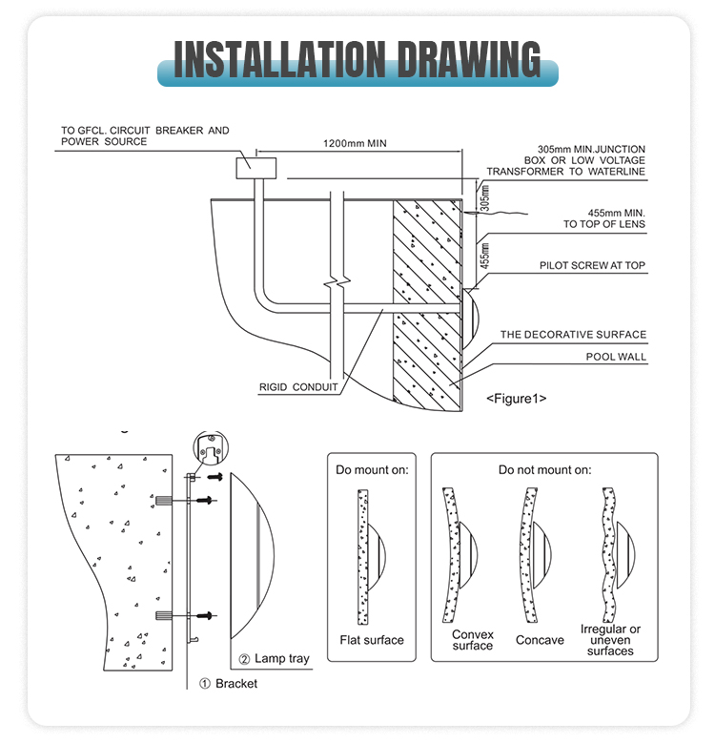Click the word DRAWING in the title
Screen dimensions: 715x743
(x=469, y=59)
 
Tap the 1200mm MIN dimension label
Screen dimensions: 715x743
(x=355, y=143)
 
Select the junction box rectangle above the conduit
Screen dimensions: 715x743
(x=256, y=168)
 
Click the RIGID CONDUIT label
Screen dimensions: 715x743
(x=298, y=387)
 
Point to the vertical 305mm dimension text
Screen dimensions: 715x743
(x=484, y=197)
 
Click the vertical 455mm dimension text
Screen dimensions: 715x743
(x=484, y=256)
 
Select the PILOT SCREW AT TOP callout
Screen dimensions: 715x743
(x=592, y=265)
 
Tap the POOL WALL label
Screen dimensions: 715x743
(x=616, y=357)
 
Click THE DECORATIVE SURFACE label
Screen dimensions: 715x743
(x=573, y=335)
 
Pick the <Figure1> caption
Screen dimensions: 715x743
(x=516, y=399)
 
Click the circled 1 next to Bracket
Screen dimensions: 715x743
(x=205, y=684)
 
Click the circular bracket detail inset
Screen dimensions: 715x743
(x=211, y=448)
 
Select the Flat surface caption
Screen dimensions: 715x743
(x=372, y=640)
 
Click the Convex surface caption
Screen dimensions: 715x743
(x=473, y=640)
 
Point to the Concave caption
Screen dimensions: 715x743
(x=540, y=640)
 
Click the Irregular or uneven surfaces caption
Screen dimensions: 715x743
(x=610, y=640)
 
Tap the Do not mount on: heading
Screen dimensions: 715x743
(x=544, y=470)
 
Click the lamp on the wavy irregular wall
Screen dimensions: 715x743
(x=626, y=555)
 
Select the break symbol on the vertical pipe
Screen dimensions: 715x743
(x=337, y=282)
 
